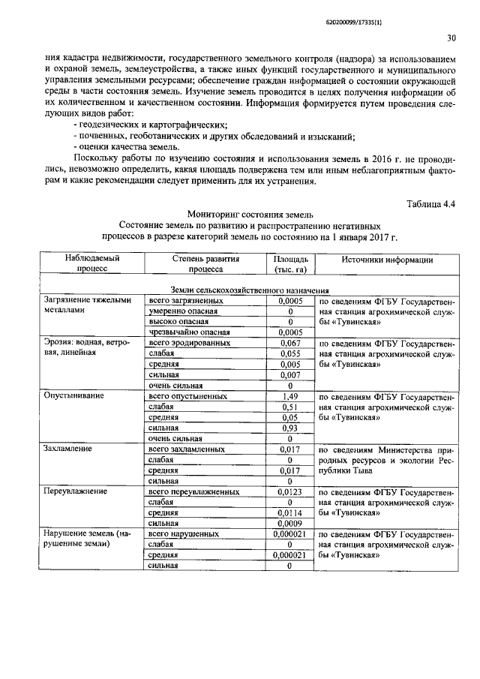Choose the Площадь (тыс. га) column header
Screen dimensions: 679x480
tap(289, 265)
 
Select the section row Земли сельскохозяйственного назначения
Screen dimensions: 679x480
tap(250, 290)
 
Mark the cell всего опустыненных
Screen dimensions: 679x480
tap(188, 395)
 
